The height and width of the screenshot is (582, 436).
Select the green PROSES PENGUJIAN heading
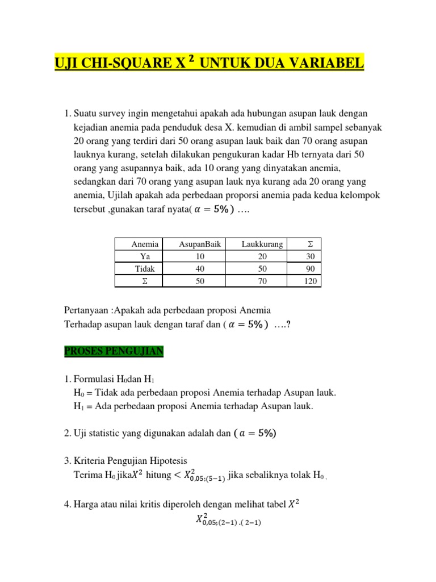point(114,352)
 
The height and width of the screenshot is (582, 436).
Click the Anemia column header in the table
point(145,244)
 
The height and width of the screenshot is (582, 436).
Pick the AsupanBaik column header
point(199,244)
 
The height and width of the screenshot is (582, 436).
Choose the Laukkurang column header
point(262,244)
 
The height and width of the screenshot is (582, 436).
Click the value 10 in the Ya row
point(199,256)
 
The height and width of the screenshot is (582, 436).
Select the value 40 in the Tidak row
point(199,269)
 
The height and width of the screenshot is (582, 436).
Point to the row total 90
point(310,269)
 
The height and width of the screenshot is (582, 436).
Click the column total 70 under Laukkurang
point(262,281)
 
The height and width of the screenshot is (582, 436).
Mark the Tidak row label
point(145,269)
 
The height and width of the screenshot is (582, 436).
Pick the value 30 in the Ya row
point(310,256)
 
